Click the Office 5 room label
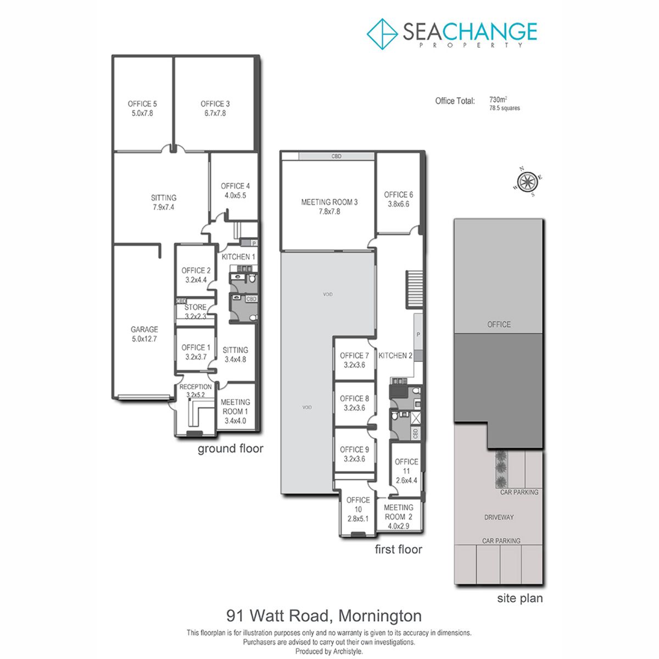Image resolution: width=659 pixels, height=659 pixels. (142, 104)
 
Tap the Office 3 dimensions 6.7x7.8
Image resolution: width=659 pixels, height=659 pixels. (215, 113)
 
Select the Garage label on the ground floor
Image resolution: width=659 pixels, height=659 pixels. (144, 329)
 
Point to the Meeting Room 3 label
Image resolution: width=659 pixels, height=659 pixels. (329, 202)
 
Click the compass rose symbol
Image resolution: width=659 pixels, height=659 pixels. (527, 182)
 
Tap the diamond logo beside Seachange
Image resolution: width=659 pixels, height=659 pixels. (382, 34)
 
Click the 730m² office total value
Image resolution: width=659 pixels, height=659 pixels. (498, 99)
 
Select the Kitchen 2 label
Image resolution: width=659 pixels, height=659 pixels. (395, 356)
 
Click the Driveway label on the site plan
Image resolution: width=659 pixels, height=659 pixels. (499, 517)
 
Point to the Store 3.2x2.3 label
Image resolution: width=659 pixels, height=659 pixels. (196, 311)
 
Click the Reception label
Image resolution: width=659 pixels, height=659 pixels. (196, 387)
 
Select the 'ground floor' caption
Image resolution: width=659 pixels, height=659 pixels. (231, 449)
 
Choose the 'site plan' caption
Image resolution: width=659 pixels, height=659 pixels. (520, 599)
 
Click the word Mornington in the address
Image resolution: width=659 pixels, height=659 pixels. (380, 616)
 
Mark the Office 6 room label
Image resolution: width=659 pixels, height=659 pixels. (398, 194)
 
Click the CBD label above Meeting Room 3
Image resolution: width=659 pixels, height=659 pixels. (337, 157)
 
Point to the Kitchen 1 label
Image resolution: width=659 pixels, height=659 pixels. (238, 257)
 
